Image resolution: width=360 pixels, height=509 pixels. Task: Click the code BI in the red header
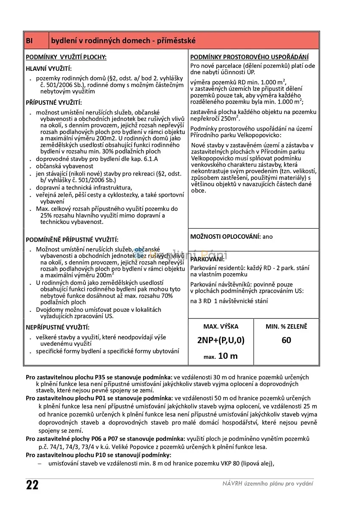pos(29,41)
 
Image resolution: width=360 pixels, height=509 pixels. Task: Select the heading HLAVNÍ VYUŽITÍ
pos(49,69)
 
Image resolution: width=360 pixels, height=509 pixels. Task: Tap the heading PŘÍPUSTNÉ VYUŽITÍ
pos(54,103)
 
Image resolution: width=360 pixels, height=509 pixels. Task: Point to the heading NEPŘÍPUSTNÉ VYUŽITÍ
pos(58,327)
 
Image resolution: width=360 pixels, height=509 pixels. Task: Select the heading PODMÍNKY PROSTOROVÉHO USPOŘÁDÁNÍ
pos(249,57)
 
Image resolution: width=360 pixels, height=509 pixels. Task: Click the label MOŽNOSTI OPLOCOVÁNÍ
pos(225,237)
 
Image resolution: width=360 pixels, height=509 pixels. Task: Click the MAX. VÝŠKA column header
pos(221,327)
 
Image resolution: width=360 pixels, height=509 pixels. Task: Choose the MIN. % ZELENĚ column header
pos(286,327)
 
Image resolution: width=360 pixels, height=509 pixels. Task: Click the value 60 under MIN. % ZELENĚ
pos(286,340)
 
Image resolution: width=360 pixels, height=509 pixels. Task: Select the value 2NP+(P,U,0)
pos(221,340)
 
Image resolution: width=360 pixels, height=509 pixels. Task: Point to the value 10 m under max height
pos(228,356)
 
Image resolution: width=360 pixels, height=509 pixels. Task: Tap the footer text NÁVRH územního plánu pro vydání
pos(268,484)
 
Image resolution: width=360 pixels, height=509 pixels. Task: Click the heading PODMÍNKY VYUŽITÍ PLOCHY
pos(66,57)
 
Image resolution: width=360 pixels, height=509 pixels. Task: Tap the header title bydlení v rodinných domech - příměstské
pos(124,41)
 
